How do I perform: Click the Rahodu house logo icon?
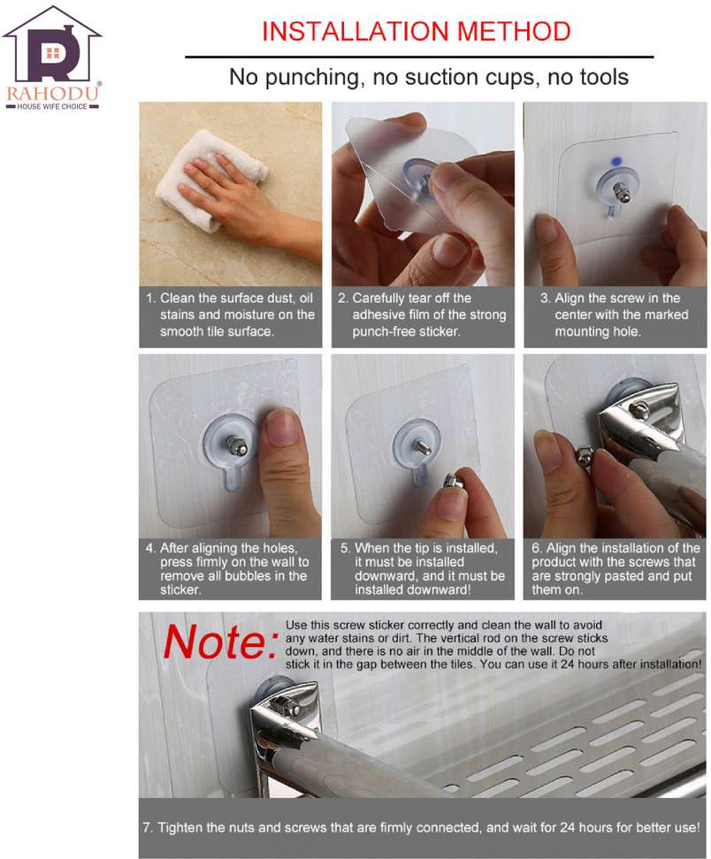point(52,45)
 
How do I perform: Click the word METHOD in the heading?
point(514,31)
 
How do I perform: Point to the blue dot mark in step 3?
point(616,162)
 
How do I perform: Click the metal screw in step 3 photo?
point(622,192)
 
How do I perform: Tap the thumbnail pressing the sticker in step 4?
point(283,428)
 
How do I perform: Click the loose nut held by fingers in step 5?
point(455,483)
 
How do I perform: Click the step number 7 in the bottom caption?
point(147,827)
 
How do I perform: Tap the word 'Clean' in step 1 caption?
point(178,298)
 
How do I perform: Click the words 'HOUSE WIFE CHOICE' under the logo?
point(52,106)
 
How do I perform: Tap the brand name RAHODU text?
point(53,93)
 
